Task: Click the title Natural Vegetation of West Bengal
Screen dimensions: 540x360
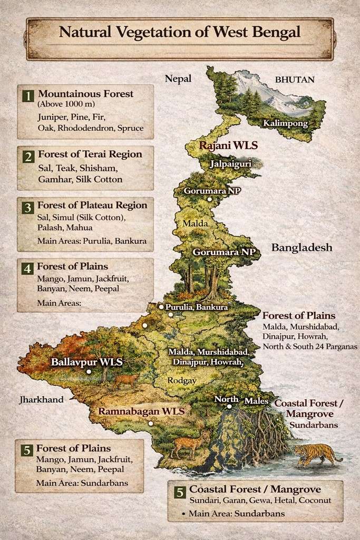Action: pos(179,32)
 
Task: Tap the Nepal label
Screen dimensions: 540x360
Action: pos(178,79)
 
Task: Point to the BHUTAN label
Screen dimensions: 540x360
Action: pos(295,80)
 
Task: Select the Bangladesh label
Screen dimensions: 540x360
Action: pos(301,247)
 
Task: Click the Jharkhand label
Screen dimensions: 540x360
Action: pos(41,400)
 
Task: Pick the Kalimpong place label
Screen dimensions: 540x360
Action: pos(285,123)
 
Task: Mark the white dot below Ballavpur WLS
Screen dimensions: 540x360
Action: pos(89,371)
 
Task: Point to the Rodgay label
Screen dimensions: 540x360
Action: pos(181,380)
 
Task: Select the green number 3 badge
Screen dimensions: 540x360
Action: pos(27,207)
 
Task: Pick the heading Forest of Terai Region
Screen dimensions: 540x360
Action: pos(90,155)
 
